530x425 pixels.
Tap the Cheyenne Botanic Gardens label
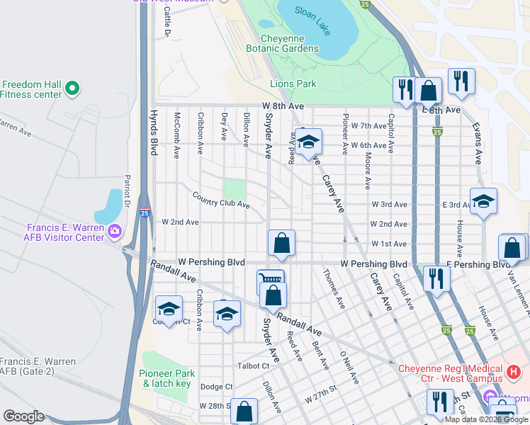coord(282,43)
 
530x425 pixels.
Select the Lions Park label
coord(293,84)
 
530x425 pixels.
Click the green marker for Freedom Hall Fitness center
coord(71,89)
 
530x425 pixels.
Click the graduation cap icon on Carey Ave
coord(308,142)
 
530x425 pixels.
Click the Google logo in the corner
coord(23,416)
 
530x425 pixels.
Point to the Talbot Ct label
coord(254,366)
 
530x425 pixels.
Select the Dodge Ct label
coord(216,387)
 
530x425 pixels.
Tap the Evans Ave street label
coord(477,144)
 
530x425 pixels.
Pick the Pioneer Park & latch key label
coord(167,378)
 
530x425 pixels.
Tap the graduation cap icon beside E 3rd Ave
coord(483,201)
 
